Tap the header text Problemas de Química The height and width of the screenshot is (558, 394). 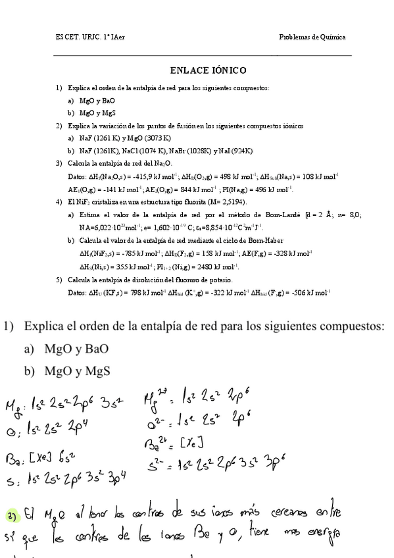[x=312, y=37]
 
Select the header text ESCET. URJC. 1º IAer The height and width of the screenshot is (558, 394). [x=90, y=37]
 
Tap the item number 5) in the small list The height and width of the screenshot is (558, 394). [x=59, y=280]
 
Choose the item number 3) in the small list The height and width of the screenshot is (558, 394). [x=59, y=163]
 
